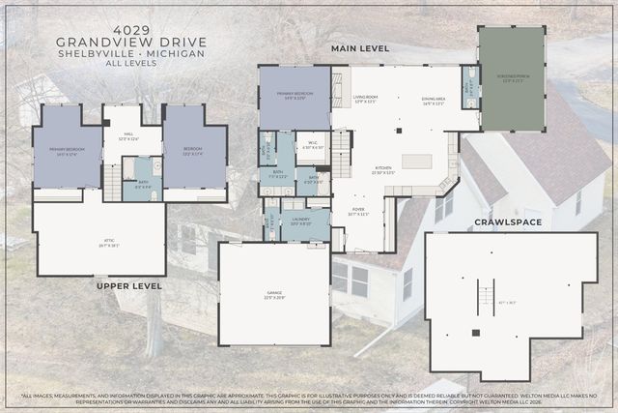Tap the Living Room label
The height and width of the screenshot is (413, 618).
[364, 99]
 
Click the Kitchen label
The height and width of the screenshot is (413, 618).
[383, 168]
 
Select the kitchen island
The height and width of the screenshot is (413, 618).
[416, 162]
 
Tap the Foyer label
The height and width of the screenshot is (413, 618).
[358, 212]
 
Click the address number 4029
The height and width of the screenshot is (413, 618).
[128, 27]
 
